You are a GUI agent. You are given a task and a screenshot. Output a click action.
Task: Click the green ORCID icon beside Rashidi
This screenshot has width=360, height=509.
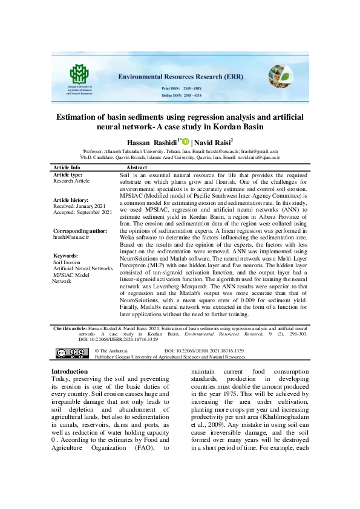[186, 141]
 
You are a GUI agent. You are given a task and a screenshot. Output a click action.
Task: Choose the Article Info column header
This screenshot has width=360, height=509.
[67, 167]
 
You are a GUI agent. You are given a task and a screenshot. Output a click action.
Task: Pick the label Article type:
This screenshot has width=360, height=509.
[68, 174]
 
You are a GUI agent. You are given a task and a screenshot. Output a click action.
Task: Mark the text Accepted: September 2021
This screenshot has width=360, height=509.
[83, 213]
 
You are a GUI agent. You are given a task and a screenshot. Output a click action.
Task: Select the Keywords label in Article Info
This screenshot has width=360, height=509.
[65, 256]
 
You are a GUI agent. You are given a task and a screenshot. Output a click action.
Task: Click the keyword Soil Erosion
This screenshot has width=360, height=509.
[67, 262]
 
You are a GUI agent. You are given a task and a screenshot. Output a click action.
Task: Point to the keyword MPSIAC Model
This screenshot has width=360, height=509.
[71, 275]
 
